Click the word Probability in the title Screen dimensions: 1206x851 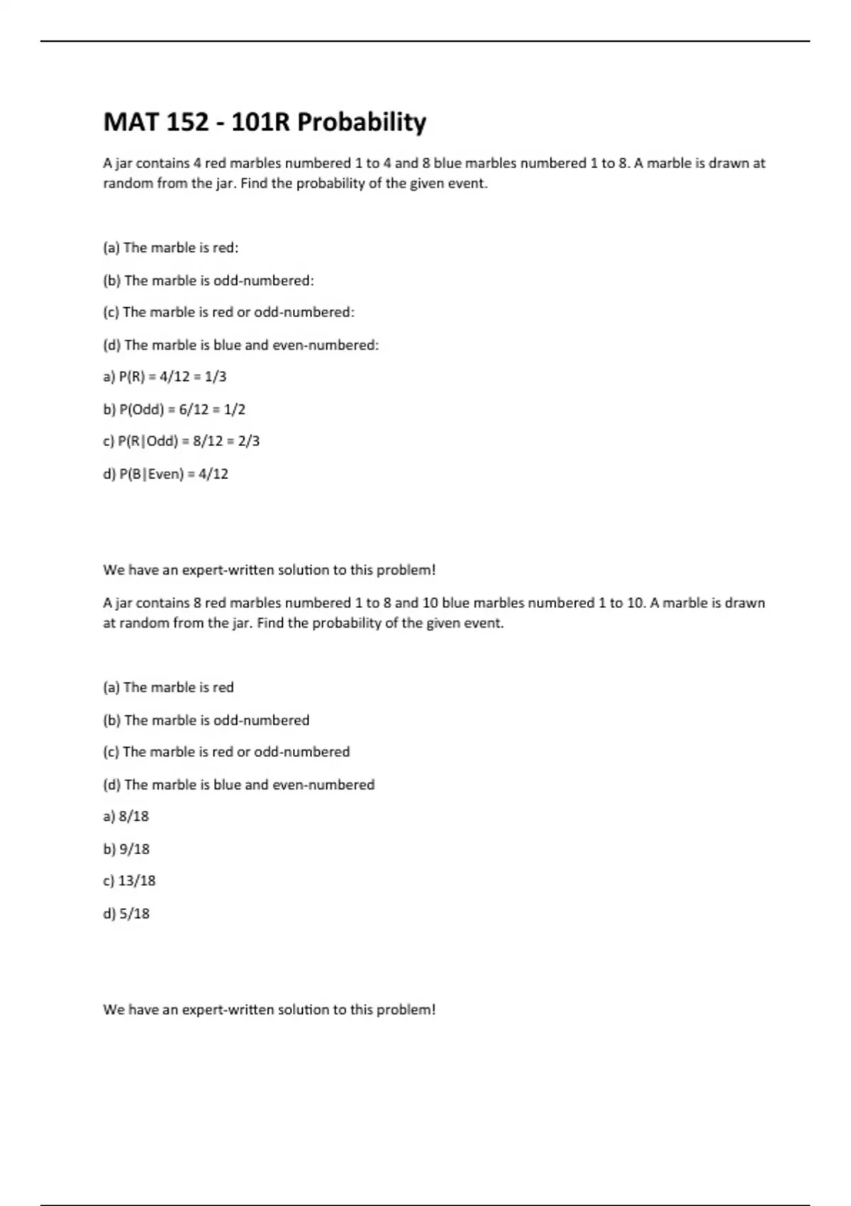pos(362,123)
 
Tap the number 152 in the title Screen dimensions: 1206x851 pos(187,123)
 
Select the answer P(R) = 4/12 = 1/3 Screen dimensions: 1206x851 pos(165,377)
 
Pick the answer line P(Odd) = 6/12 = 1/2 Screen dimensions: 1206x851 pos(174,409)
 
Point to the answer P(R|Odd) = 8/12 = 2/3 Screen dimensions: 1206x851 pos(182,441)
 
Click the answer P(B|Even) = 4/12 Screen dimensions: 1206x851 pos(166,474)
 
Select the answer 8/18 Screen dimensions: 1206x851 pos(126,817)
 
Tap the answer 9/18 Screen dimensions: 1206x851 pos(126,849)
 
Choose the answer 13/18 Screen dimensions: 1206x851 pos(129,881)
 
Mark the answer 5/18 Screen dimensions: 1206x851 pos(126,914)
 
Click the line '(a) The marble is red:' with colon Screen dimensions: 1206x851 pos(171,248)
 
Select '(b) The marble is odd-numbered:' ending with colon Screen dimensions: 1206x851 pos(208,281)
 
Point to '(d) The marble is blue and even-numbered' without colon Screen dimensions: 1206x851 pos(239,785)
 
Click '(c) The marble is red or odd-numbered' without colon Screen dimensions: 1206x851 pos(226,752)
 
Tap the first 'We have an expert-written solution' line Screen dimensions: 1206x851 pos(269,570)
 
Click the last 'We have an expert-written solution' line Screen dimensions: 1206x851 pos(269,1009)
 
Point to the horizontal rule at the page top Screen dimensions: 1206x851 pos(425,41)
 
